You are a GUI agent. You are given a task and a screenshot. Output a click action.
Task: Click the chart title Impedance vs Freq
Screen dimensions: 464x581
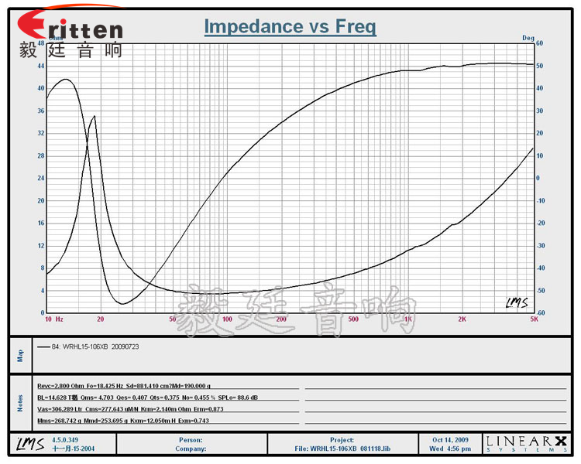point(290,26)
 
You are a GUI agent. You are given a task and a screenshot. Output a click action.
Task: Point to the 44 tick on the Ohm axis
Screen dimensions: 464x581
point(40,66)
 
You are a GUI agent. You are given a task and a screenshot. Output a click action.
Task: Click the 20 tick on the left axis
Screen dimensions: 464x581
point(40,200)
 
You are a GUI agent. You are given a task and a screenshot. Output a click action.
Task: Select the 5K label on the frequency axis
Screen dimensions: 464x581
point(533,319)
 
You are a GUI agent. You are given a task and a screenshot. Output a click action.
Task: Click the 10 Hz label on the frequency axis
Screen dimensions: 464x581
point(53,319)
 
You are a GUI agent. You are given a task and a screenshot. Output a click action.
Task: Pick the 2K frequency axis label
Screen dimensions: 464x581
point(462,319)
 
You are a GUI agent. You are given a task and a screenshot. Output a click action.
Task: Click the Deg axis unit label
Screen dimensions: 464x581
point(528,37)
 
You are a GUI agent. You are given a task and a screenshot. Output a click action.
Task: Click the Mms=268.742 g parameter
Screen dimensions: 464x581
point(61,421)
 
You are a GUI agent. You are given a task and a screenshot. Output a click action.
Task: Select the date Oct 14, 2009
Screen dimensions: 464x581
point(452,439)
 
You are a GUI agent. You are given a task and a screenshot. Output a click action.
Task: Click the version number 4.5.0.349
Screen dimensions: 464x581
point(65,439)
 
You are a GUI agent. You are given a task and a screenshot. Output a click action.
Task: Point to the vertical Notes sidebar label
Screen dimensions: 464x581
point(21,402)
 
